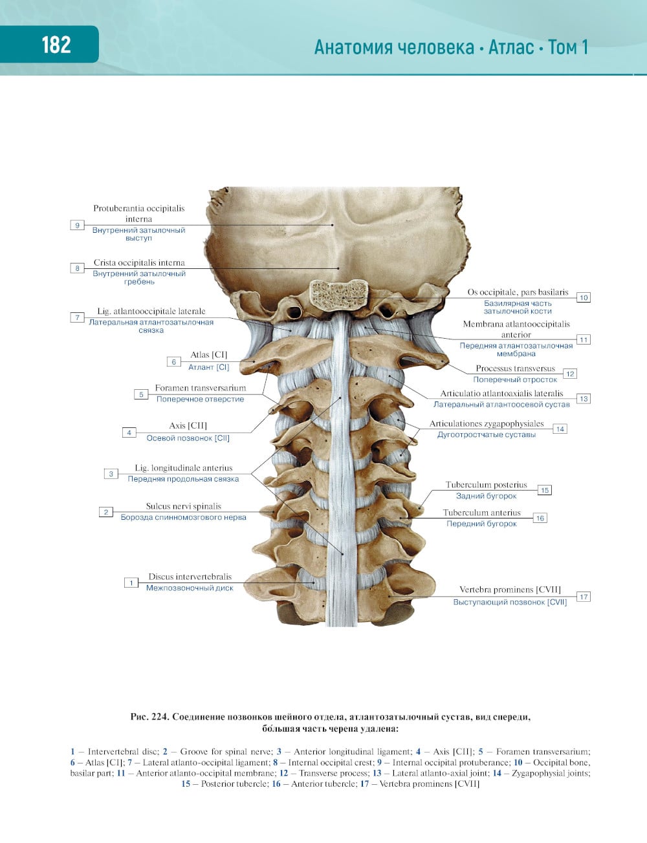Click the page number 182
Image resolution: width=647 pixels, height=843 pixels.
[x=56, y=45]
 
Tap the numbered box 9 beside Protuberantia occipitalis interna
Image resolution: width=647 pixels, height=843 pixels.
[x=77, y=225]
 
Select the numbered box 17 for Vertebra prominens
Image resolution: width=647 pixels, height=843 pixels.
[x=584, y=597]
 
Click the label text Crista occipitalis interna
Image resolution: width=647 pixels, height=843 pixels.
[x=139, y=262]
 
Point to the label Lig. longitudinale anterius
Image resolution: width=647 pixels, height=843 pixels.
[x=184, y=468]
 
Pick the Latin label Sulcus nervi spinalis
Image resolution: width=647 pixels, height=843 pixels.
[x=184, y=506]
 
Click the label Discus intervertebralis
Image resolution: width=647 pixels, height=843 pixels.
[x=190, y=577]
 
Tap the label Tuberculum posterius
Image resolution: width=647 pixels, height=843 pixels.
[x=487, y=485]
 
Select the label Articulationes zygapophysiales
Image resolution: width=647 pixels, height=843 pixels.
[x=487, y=423]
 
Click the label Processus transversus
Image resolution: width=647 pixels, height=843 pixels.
[x=516, y=368]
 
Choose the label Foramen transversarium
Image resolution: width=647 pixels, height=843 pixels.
[x=201, y=388]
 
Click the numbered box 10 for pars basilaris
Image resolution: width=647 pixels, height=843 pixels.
[x=584, y=297]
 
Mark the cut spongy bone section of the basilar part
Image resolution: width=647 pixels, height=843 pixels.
[x=338, y=293]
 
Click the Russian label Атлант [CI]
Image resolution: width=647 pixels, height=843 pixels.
[x=209, y=367]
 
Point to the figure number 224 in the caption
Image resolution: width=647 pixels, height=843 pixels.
[x=160, y=717]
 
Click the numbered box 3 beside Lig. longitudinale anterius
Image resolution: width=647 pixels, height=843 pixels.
[x=111, y=474]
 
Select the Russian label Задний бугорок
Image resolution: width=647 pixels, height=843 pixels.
[x=487, y=496]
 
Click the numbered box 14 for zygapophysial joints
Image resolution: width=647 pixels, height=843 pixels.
[x=560, y=429]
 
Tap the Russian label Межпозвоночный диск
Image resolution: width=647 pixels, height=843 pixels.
[x=190, y=588]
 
